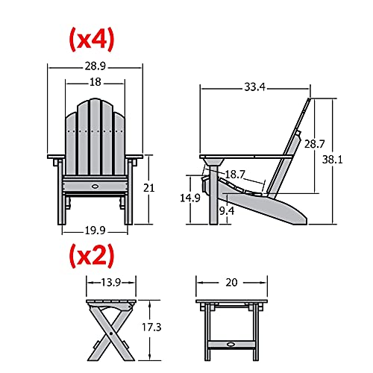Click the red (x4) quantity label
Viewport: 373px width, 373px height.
pos(92,40)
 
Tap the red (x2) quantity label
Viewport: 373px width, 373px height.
pos(92,255)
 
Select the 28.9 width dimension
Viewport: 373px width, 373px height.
pos(95,66)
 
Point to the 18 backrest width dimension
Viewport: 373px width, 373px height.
pos(95,82)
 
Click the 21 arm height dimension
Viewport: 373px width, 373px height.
pos(148,188)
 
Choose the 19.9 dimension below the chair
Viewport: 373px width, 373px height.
pos(95,231)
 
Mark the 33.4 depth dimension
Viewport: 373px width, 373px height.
pos(255,87)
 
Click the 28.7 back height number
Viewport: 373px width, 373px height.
pos(315,144)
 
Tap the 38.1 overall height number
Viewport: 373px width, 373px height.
pos(332,160)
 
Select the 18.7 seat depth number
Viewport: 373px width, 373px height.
pos(235,175)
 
